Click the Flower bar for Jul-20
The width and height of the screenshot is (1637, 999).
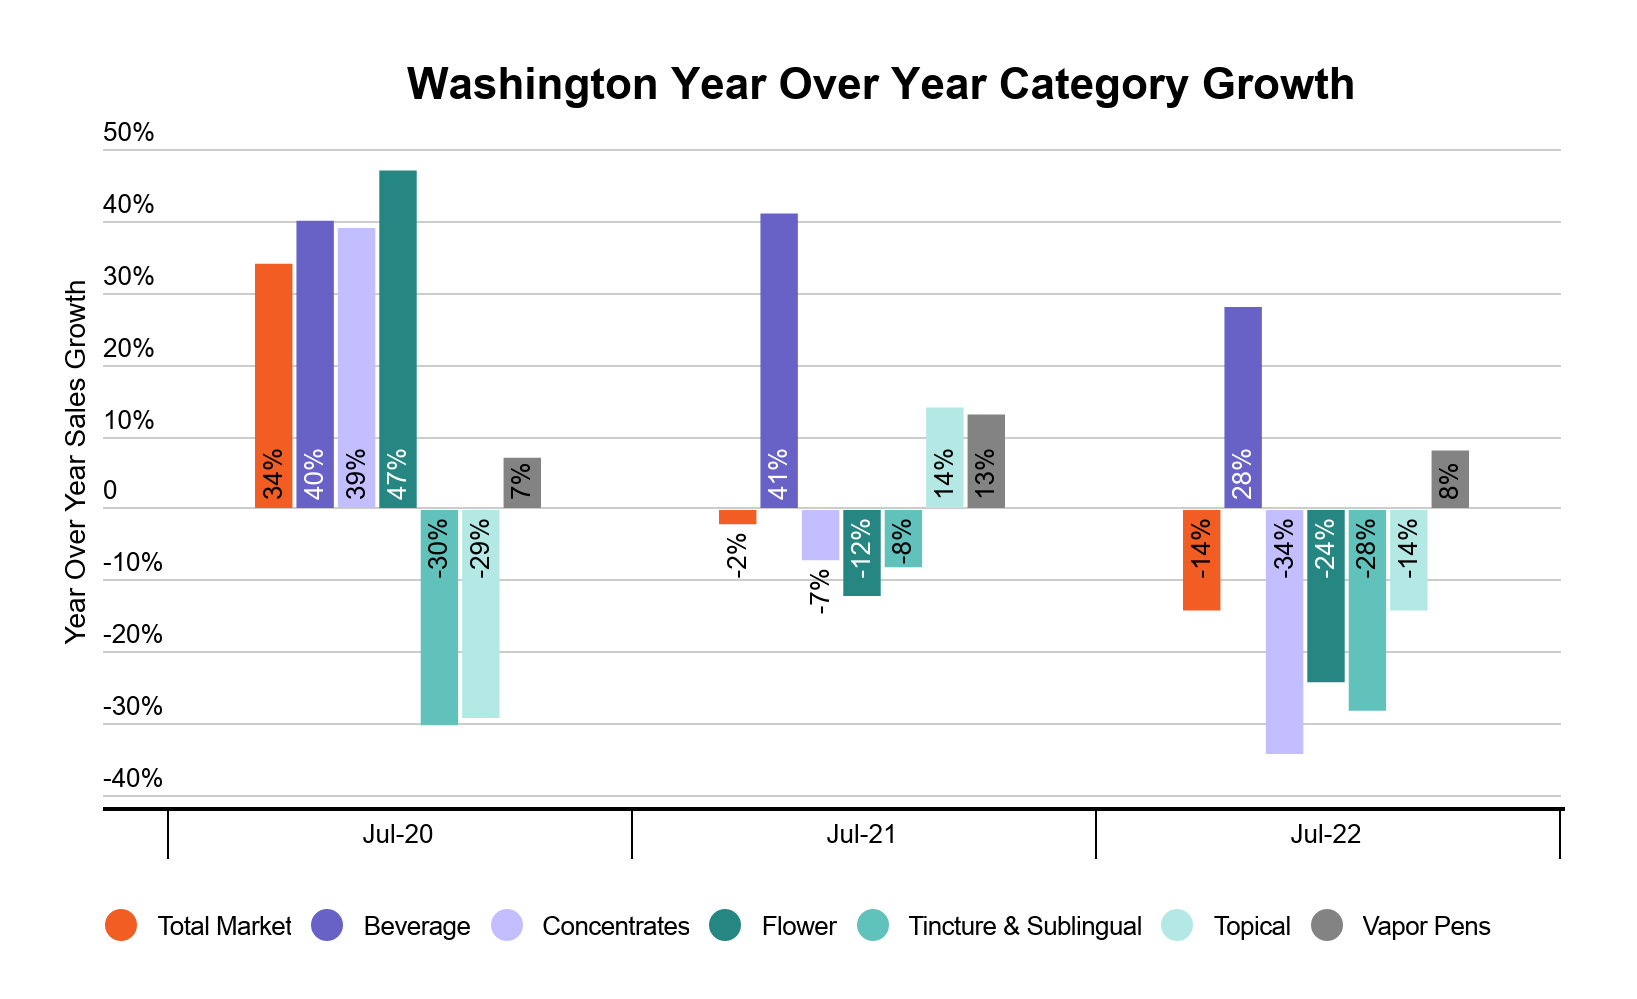click(397, 340)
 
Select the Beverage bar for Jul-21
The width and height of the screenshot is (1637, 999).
click(779, 361)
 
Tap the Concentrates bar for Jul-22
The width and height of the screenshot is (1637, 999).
click(1284, 631)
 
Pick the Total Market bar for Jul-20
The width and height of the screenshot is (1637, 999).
click(273, 386)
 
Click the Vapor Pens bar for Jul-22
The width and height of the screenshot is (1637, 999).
click(1450, 479)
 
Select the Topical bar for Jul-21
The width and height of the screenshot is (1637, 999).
click(944, 458)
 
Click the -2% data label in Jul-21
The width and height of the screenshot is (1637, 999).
click(737, 556)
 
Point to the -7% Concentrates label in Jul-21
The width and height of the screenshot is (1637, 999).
click(820, 590)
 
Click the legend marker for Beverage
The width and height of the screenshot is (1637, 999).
click(327, 925)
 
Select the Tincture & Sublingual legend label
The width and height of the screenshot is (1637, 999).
click(1024, 926)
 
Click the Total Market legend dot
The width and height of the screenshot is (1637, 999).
click(120, 925)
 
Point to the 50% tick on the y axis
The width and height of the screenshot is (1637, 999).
click(129, 132)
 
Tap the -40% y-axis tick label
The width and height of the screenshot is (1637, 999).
click(132, 778)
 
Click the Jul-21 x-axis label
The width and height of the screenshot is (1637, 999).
click(861, 834)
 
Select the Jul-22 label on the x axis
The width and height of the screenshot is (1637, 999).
click(1325, 834)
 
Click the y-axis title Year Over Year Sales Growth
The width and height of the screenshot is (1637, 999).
click(76, 461)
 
